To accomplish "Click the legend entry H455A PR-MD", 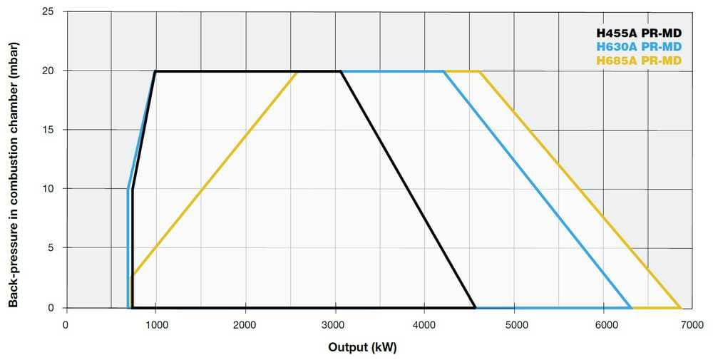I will click(x=639, y=32).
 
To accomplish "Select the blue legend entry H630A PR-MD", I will click(x=639, y=46).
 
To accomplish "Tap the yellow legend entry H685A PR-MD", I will click(x=639, y=61).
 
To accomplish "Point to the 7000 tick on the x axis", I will click(x=693, y=324).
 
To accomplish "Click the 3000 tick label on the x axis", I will click(x=335, y=324).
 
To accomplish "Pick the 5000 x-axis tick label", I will click(x=514, y=324).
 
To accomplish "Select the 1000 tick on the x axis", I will click(x=156, y=324).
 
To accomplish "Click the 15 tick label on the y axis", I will click(x=51, y=130).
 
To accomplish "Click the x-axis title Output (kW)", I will click(x=362, y=348).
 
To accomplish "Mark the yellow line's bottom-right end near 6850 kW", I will click(x=681, y=308).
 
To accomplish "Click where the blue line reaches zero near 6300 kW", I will click(x=632, y=308).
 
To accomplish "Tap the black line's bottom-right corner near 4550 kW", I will click(x=475, y=308).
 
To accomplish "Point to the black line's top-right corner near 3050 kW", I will click(x=341, y=71).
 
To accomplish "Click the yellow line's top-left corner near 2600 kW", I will click(x=297, y=71).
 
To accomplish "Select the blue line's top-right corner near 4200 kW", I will click(x=444, y=71).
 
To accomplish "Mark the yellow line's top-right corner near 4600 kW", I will click(x=480, y=71).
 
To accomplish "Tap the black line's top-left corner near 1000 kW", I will click(x=155, y=71).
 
